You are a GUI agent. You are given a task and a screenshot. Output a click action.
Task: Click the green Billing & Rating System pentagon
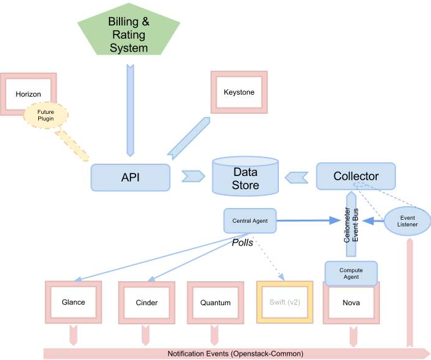click(x=128, y=36)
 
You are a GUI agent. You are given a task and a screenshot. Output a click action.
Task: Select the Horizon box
click(x=28, y=94)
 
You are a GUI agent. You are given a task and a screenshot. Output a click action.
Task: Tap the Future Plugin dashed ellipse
click(x=46, y=116)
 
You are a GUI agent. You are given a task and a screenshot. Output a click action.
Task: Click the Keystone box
click(x=239, y=92)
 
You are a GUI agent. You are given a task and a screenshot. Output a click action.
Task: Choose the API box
click(x=131, y=177)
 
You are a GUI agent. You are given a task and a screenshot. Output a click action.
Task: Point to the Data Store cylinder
click(x=245, y=177)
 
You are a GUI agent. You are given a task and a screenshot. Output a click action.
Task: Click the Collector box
click(x=356, y=177)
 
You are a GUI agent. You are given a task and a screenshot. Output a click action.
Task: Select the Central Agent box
click(x=249, y=220)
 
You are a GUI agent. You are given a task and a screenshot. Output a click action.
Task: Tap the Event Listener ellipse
click(x=406, y=220)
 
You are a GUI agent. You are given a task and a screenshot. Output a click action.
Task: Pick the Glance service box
click(x=73, y=302)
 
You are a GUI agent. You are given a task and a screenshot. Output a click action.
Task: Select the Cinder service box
click(x=146, y=303)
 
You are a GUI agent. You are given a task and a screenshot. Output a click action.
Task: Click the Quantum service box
click(x=216, y=303)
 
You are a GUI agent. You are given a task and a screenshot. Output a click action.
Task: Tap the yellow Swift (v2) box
click(x=284, y=303)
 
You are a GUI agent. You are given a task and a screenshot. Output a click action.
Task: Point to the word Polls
click(x=243, y=242)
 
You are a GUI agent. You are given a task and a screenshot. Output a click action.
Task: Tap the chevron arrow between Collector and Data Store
click(x=296, y=177)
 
